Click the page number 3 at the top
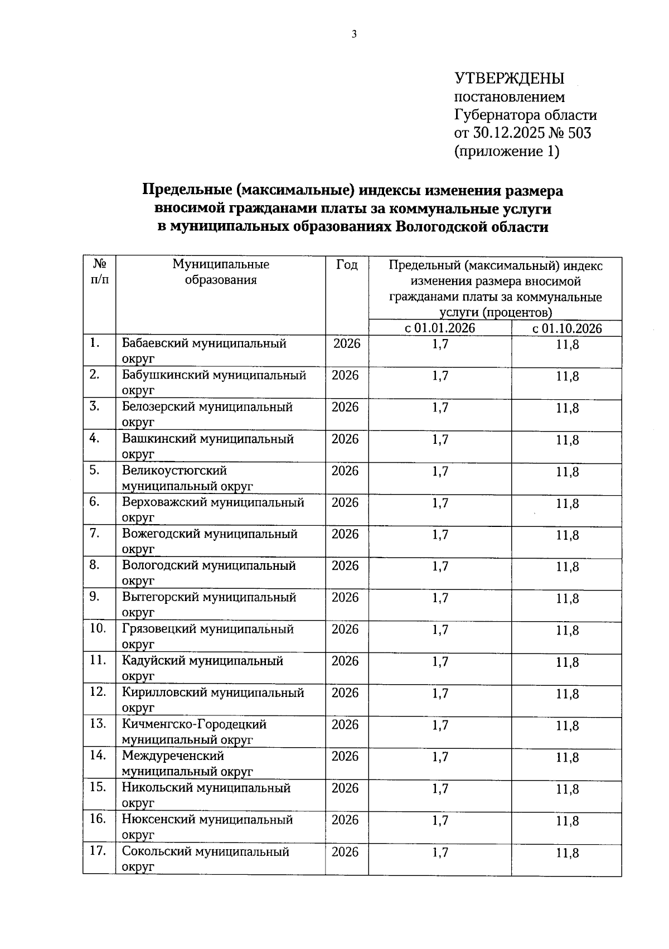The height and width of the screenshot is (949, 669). [353, 35]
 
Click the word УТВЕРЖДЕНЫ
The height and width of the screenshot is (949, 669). [510, 78]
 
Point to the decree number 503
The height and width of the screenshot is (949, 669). [580, 133]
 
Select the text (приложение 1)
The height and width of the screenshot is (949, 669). [507, 151]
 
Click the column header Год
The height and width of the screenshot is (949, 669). [347, 264]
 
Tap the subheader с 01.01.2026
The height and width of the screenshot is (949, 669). [440, 328]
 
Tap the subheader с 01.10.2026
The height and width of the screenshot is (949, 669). [567, 328]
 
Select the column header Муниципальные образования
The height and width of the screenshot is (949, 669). [221, 272]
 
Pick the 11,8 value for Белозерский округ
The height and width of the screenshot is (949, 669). [567, 408]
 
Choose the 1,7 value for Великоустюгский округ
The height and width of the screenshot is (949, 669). [440, 471]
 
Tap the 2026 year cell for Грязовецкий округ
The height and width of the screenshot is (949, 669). [345, 629]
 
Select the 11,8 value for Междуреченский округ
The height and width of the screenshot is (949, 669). [567, 757]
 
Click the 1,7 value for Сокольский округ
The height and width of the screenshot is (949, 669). [440, 853]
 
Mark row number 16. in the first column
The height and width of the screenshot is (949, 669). [97, 819]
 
